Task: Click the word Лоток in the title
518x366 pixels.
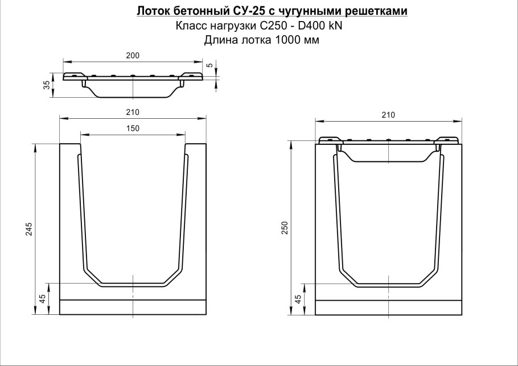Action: (151, 12)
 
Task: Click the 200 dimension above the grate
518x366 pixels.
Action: (133, 55)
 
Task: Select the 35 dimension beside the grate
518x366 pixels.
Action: (46, 85)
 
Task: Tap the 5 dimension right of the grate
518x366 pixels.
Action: (209, 65)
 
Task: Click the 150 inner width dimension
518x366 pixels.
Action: (133, 128)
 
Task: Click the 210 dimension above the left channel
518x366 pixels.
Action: (133, 112)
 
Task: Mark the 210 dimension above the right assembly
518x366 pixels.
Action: (388, 115)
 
